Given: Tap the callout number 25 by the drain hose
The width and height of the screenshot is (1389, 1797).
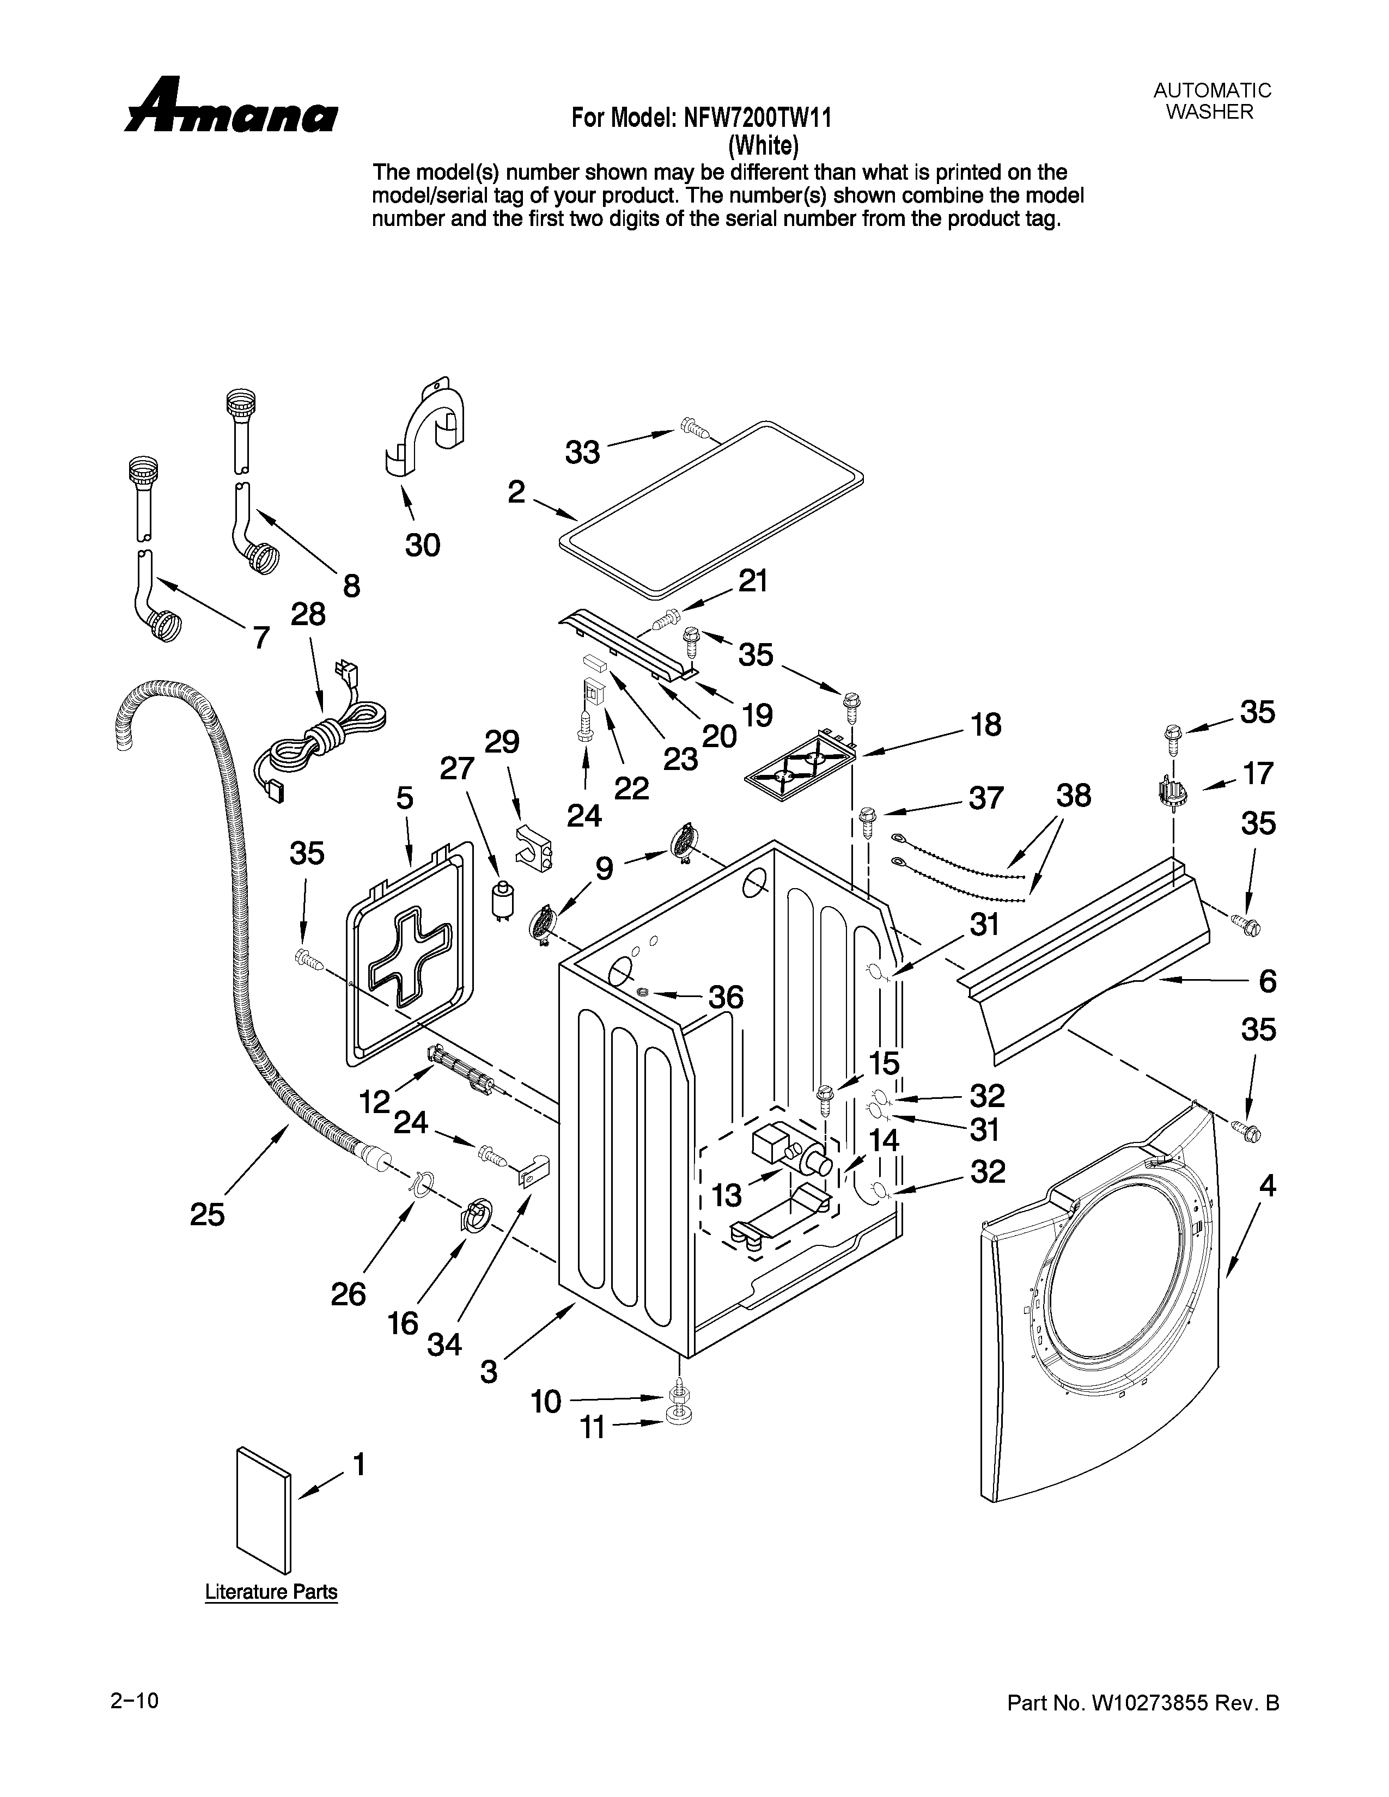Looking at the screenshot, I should [208, 1214].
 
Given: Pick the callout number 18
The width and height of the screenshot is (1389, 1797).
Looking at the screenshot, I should [986, 724].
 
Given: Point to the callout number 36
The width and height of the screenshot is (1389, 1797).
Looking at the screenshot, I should [727, 997].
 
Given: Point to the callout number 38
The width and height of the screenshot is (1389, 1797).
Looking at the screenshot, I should [1074, 796].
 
